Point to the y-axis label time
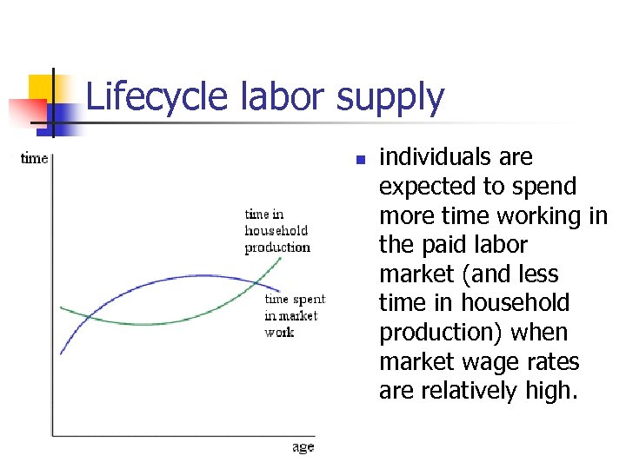[34, 158]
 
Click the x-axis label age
[303, 447]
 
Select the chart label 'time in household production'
[276, 230]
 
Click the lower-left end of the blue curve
[61, 353]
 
